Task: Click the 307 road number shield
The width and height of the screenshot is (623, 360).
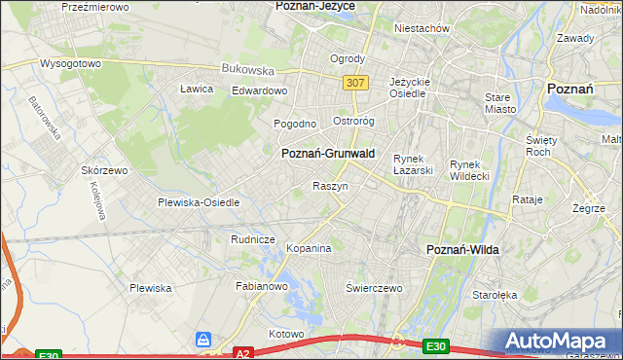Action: click(355, 84)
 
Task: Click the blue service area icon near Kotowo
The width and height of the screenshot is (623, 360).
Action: click(203, 339)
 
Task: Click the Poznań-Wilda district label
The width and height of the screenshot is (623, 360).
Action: click(463, 250)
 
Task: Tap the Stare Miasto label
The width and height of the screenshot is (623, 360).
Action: click(498, 103)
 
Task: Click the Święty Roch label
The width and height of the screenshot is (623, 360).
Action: click(539, 146)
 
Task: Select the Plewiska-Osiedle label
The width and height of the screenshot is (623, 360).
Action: click(199, 202)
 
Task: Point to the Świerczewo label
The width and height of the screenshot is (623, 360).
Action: click(375, 288)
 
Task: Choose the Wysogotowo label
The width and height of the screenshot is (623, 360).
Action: click(70, 63)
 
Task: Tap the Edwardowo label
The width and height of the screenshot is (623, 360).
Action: click(259, 90)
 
